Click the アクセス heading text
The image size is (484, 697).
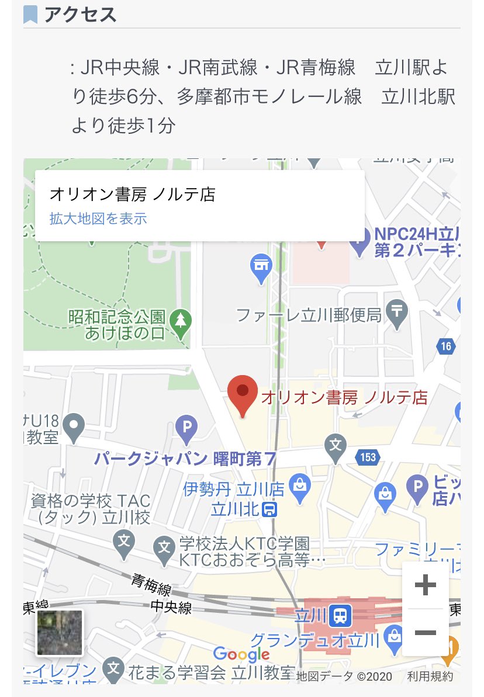coord(81,15)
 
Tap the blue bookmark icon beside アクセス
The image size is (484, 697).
coord(30,15)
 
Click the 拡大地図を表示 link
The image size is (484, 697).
coord(98,219)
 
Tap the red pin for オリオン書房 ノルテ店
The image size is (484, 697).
coord(242,394)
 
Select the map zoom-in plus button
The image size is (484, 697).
coord(425,585)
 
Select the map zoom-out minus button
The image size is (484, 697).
coord(425,632)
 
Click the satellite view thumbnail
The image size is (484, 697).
coord(60,632)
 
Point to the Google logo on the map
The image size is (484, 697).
coord(241,654)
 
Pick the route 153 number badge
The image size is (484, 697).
coord(368,457)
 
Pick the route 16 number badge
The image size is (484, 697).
coord(446,346)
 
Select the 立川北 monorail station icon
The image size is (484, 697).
coord(269,509)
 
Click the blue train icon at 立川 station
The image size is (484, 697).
coord(340,614)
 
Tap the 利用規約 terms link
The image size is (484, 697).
coord(430,676)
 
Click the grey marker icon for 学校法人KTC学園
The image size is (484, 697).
coord(164,547)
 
